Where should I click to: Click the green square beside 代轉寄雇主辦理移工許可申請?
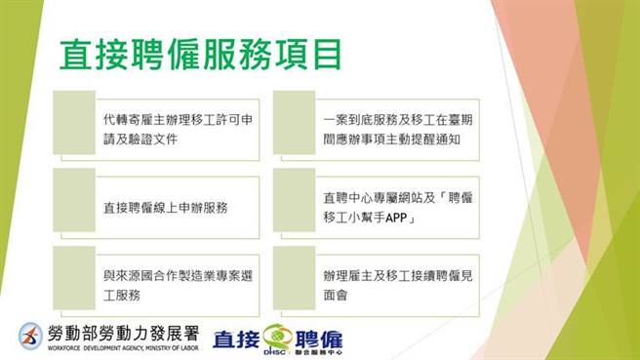pos(74,122)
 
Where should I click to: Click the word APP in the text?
pos(397,218)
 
